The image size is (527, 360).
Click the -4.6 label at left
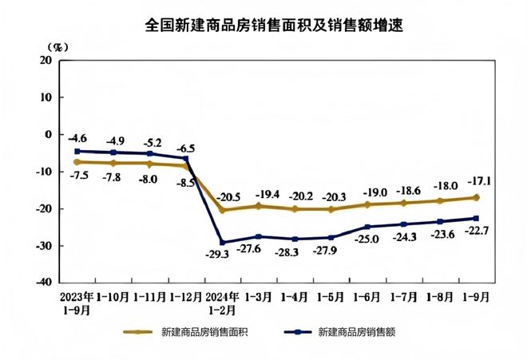click(x=77, y=138)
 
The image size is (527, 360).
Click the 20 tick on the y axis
click(x=45, y=60)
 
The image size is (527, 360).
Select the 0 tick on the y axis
click(x=48, y=134)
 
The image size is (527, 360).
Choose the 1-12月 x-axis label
click(x=185, y=294)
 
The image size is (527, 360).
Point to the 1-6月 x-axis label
click(x=368, y=294)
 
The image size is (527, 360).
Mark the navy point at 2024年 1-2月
click(x=222, y=242)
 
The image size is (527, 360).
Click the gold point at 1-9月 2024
click(x=476, y=197)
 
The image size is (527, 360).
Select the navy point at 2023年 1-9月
click(x=77, y=151)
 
